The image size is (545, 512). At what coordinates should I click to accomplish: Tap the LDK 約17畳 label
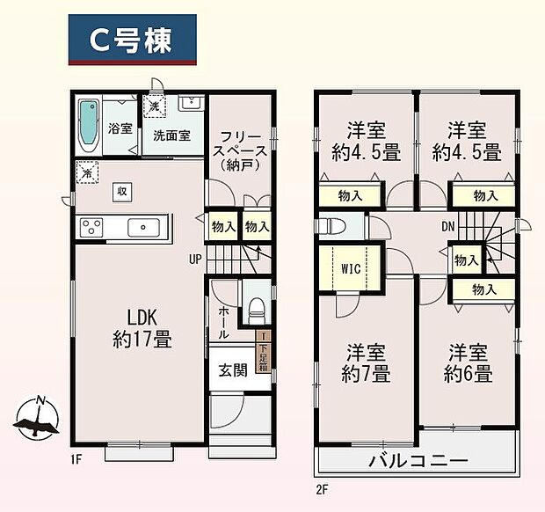point(141,326)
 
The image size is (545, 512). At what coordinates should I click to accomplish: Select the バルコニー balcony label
point(418,460)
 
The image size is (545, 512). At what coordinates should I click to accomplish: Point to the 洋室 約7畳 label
point(367,363)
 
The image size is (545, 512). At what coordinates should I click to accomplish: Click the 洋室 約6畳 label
point(468,363)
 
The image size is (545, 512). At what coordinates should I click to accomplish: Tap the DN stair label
point(447,226)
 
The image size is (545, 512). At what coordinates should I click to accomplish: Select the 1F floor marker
point(76,459)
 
